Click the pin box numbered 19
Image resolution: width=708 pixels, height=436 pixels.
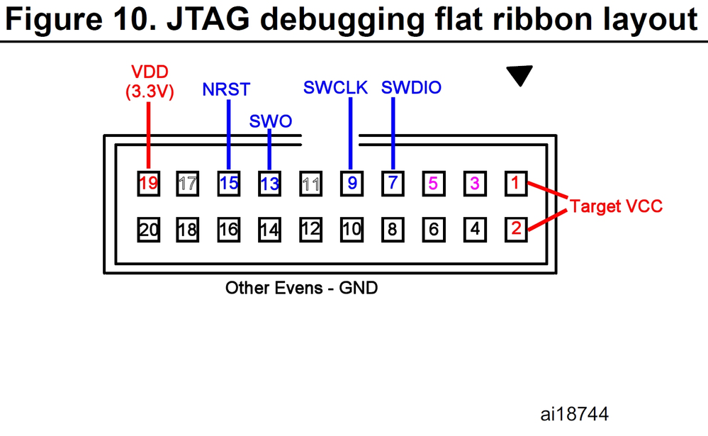click(148, 184)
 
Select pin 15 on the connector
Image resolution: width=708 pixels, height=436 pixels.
click(228, 184)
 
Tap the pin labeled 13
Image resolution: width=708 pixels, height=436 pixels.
click(269, 184)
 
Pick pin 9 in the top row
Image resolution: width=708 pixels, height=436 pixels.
click(352, 184)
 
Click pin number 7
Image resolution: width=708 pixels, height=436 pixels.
click(392, 184)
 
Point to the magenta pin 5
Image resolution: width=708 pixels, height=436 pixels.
click(433, 184)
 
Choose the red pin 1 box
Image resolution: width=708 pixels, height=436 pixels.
click(516, 184)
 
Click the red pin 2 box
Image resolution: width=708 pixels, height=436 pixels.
click(516, 229)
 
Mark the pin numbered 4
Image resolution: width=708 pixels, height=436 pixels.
click(475, 229)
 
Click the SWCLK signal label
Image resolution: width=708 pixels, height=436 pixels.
click(336, 87)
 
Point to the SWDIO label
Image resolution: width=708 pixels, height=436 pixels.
click(411, 87)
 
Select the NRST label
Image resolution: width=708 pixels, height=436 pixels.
click(226, 89)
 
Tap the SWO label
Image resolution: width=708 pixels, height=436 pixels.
click(271, 121)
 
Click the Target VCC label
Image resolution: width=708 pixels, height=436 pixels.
click(616, 207)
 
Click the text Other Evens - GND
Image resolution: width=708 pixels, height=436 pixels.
click(301, 288)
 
